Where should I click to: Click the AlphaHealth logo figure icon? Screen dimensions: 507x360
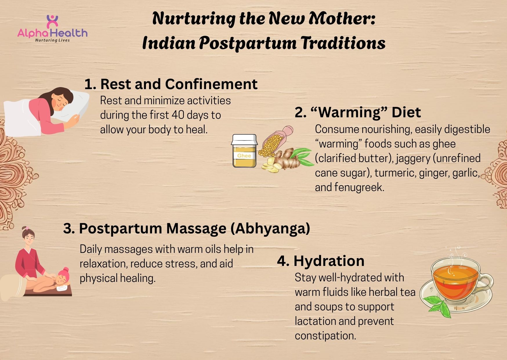coord(52,21)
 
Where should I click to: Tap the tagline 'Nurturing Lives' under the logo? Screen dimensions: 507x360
coord(52,40)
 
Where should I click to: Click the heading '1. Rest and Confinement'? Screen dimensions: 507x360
coord(171,84)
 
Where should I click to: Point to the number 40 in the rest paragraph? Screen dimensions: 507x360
coord(178,115)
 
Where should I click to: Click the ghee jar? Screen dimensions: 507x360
coord(244,151)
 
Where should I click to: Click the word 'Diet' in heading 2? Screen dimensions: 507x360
coord(406,112)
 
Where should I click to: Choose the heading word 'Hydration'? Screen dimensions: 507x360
coord(329,261)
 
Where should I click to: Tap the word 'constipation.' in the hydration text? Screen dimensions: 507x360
coord(325,336)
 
